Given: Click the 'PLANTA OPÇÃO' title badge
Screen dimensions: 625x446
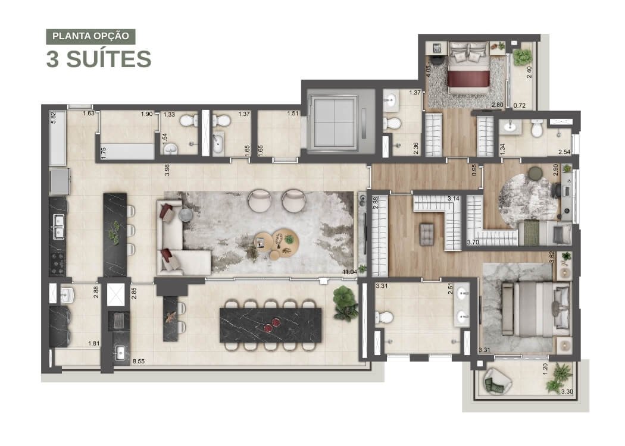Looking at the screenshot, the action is tap(90, 36).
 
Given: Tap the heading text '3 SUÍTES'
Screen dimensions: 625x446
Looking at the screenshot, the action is tap(99, 59).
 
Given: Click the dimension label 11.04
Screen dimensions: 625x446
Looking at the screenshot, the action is tap(349, 272).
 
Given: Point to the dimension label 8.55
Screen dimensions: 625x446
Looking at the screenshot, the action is tap(138, 362).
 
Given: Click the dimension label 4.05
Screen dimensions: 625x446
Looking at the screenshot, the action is tap(429, 71).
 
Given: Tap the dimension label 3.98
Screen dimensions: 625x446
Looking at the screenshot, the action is tap(167, 170).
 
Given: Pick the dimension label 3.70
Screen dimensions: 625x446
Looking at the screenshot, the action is tap(473, 241).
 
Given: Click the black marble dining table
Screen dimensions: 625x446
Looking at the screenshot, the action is tap(271, 325).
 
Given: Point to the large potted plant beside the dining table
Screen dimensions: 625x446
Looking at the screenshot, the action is tap(346, 303).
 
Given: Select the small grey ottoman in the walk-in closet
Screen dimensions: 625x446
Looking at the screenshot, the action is tap(427, 234).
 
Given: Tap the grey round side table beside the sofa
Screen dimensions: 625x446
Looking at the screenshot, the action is tap(186, 215).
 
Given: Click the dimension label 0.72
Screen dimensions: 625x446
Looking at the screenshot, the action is tap(520, 105).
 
